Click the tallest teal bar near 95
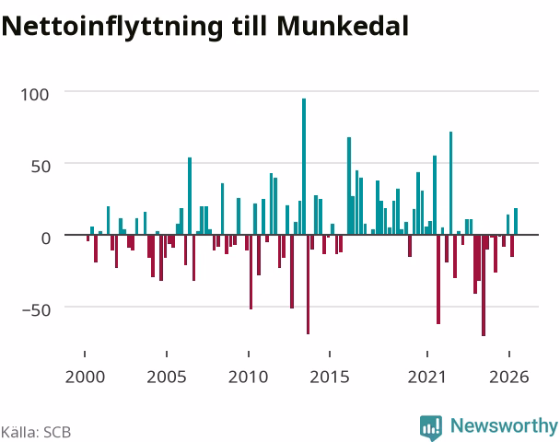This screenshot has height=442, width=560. tap(304, 167)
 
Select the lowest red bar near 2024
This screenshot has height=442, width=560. tap(484, 285)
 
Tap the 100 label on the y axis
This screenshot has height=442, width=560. tap(35, 95)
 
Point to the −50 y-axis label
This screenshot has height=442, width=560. tap(36, 310)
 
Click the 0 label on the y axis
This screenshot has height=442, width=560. tap(46, 238)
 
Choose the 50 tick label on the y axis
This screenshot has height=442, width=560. tap(41, 167)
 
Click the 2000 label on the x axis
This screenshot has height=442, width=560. tap(85, 377)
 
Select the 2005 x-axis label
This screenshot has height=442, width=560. tap(167, 377)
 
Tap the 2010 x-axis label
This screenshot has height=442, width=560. tap(248, 377)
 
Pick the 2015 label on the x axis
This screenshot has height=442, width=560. tap(330, 377)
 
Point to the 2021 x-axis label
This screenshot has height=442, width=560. tap(427, 377)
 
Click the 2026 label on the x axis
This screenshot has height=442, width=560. tap(509, 377)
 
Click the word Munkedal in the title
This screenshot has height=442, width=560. tap(343, 26)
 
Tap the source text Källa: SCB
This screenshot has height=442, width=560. tap(36, 432)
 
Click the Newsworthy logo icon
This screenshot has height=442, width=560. tap(431, 427)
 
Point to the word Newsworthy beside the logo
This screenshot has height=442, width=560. tap(504, 426)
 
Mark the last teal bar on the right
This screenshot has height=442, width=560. tap(516, 221)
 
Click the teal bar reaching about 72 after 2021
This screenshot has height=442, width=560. tap(450, 183)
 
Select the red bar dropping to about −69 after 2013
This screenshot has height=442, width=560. tap(308, 285)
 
